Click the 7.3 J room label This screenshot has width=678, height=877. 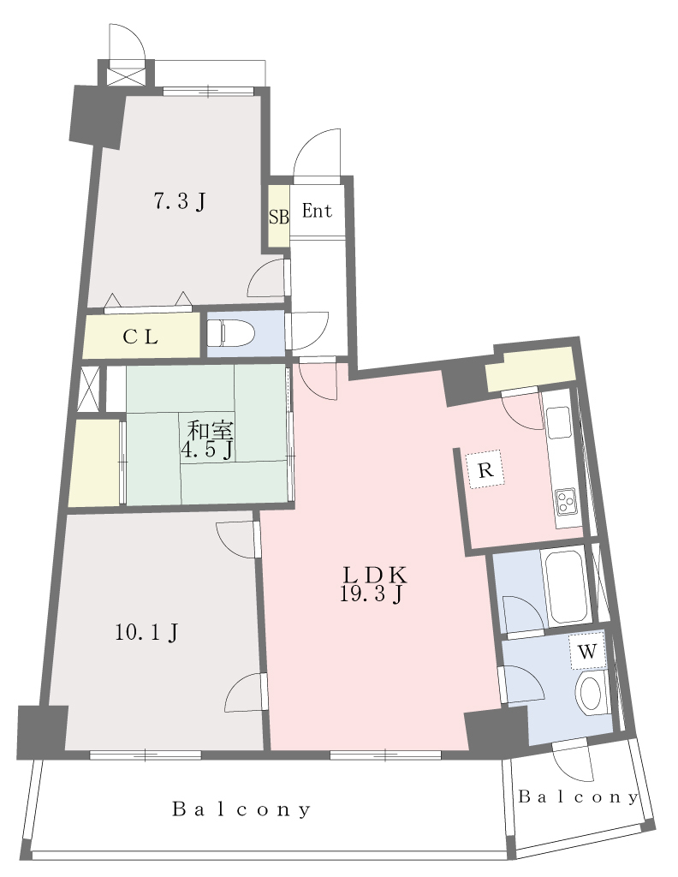(x=180, y=200)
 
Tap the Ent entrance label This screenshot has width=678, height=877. (x=317, y=211)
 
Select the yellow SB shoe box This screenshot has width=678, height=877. (x=278, y=216)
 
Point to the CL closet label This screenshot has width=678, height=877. (x=140, y=337)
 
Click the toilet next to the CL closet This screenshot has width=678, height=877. (x=230, y=333)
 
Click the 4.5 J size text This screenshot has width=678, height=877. (x=206, y=450)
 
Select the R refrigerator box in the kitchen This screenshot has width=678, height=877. (x=485, y=470)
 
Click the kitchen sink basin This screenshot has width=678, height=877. (x=557, y=423)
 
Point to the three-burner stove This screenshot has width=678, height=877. (x=566, y=500)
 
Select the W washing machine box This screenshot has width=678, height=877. (x=587, y=652)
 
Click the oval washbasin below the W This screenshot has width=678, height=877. (x=591, y=694)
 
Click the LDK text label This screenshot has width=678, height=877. (x=374, y=575)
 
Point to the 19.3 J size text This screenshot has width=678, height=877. (x=372, y=594)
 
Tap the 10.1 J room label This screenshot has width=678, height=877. (x=146, y=633)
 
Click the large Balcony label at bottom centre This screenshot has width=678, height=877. (x=241, y=808)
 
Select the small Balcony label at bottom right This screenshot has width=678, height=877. (x=578, y=796)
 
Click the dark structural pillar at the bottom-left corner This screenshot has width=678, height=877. (x=43, y=732)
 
